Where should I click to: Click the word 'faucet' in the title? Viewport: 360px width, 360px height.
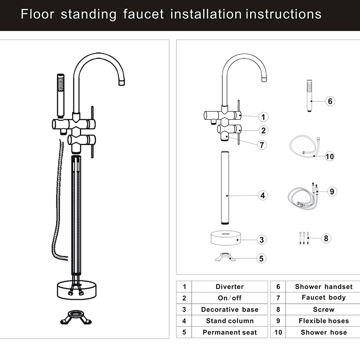(144, 14)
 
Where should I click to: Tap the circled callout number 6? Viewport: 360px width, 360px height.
(330, 101)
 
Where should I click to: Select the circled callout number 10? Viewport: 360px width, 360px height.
(330, 156)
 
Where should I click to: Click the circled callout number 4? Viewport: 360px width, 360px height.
(263, 195)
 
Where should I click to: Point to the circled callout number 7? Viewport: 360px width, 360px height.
(262, 145)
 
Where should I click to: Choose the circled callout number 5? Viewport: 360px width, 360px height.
(261, 258)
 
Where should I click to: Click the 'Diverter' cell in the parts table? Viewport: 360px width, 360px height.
(229, 287)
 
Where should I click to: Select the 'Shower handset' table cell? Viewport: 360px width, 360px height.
(324, 287)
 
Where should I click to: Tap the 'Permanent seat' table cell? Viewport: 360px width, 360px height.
(229, 332)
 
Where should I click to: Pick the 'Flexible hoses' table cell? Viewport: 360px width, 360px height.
(324, 321)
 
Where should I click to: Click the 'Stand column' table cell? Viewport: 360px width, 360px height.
(229, 321)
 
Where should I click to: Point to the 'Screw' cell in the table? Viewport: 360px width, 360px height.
(324, 310)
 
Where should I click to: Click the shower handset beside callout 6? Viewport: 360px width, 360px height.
(310, 96)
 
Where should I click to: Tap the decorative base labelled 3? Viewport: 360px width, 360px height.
(226, 238)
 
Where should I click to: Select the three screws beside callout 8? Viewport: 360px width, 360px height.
(304, 238)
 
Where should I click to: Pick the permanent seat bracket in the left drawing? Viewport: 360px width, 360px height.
(76, 317)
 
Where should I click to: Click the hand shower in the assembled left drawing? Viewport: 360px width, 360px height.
(61, 96)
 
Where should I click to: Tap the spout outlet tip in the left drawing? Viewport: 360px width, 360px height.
(121, 82)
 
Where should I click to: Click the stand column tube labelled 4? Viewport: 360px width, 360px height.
(225, 188)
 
